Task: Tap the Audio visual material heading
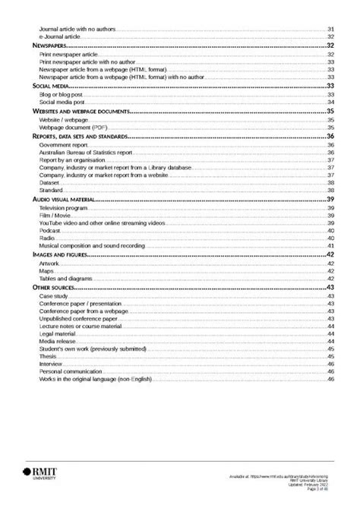(x=62, y=198)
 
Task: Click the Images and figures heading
(x=58, y=254)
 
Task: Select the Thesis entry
(x=48, y=355)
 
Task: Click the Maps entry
(x=47, y=270)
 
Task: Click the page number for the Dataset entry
(x=331, y=183)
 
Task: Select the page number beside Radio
(x=331, y=238)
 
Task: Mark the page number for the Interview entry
(x=331, y=363)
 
